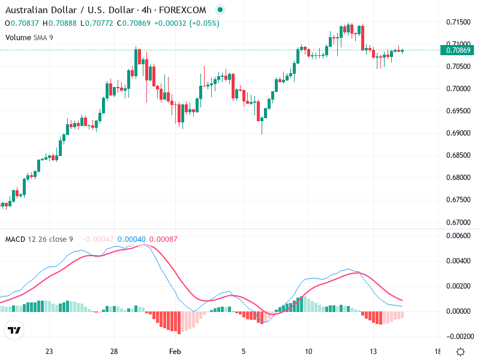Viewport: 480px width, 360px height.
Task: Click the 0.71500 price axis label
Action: [458, 22]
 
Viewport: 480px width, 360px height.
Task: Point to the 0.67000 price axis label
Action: [458, 222]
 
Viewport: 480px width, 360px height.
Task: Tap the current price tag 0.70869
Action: [458, 50]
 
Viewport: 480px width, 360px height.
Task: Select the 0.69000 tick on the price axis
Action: [458, 133]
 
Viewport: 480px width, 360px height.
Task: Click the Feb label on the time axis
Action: [175, 352]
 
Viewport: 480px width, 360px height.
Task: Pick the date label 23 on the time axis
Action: [49, 352]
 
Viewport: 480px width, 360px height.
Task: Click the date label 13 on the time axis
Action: [373, 352]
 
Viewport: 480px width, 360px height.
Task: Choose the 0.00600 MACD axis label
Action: [458, 236]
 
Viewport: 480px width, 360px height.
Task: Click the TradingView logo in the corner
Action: [14, 331]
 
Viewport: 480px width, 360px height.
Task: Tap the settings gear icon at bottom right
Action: [460, 352]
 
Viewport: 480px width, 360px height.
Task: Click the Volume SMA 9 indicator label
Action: [29, 37]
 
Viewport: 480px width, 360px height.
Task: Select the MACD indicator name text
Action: [14, 239]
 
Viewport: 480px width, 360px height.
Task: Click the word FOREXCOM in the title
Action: [183, 10]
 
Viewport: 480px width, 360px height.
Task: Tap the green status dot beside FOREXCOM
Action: [220, 10]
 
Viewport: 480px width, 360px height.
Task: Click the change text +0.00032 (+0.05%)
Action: [187, 23]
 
